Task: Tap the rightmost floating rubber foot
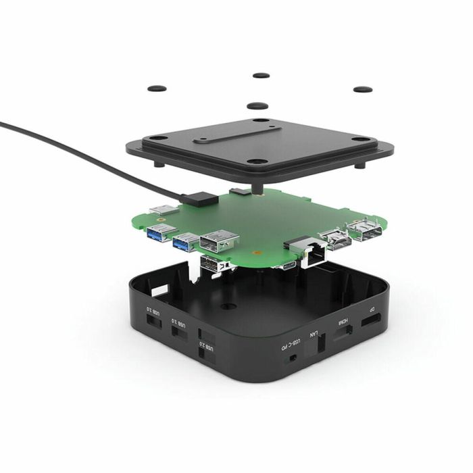coord(363,89)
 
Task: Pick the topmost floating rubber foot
coord(260,75)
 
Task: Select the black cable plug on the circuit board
coord(201,198)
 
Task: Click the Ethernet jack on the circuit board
coord(312,253)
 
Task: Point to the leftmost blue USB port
coord(159,234)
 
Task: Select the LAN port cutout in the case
coord(320,343)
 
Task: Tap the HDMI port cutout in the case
coord(345,333)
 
